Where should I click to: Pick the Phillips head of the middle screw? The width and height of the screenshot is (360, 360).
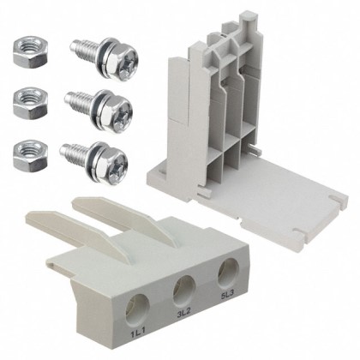117,107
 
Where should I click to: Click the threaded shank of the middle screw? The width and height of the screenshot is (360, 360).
81,100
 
